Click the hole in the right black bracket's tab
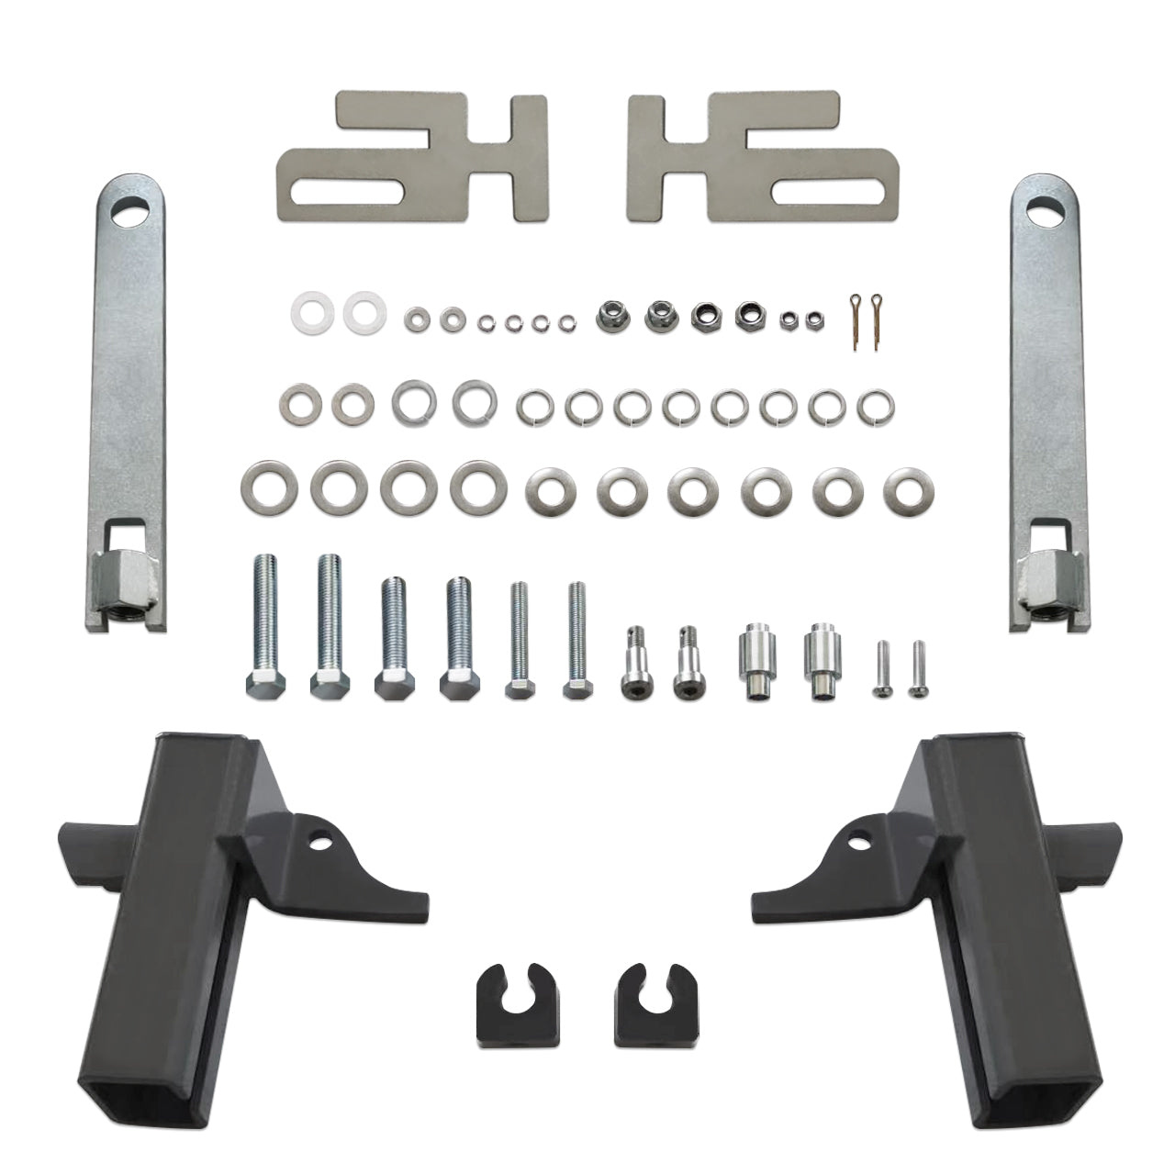pos(859,838)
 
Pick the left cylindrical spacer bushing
pos(758,660)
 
